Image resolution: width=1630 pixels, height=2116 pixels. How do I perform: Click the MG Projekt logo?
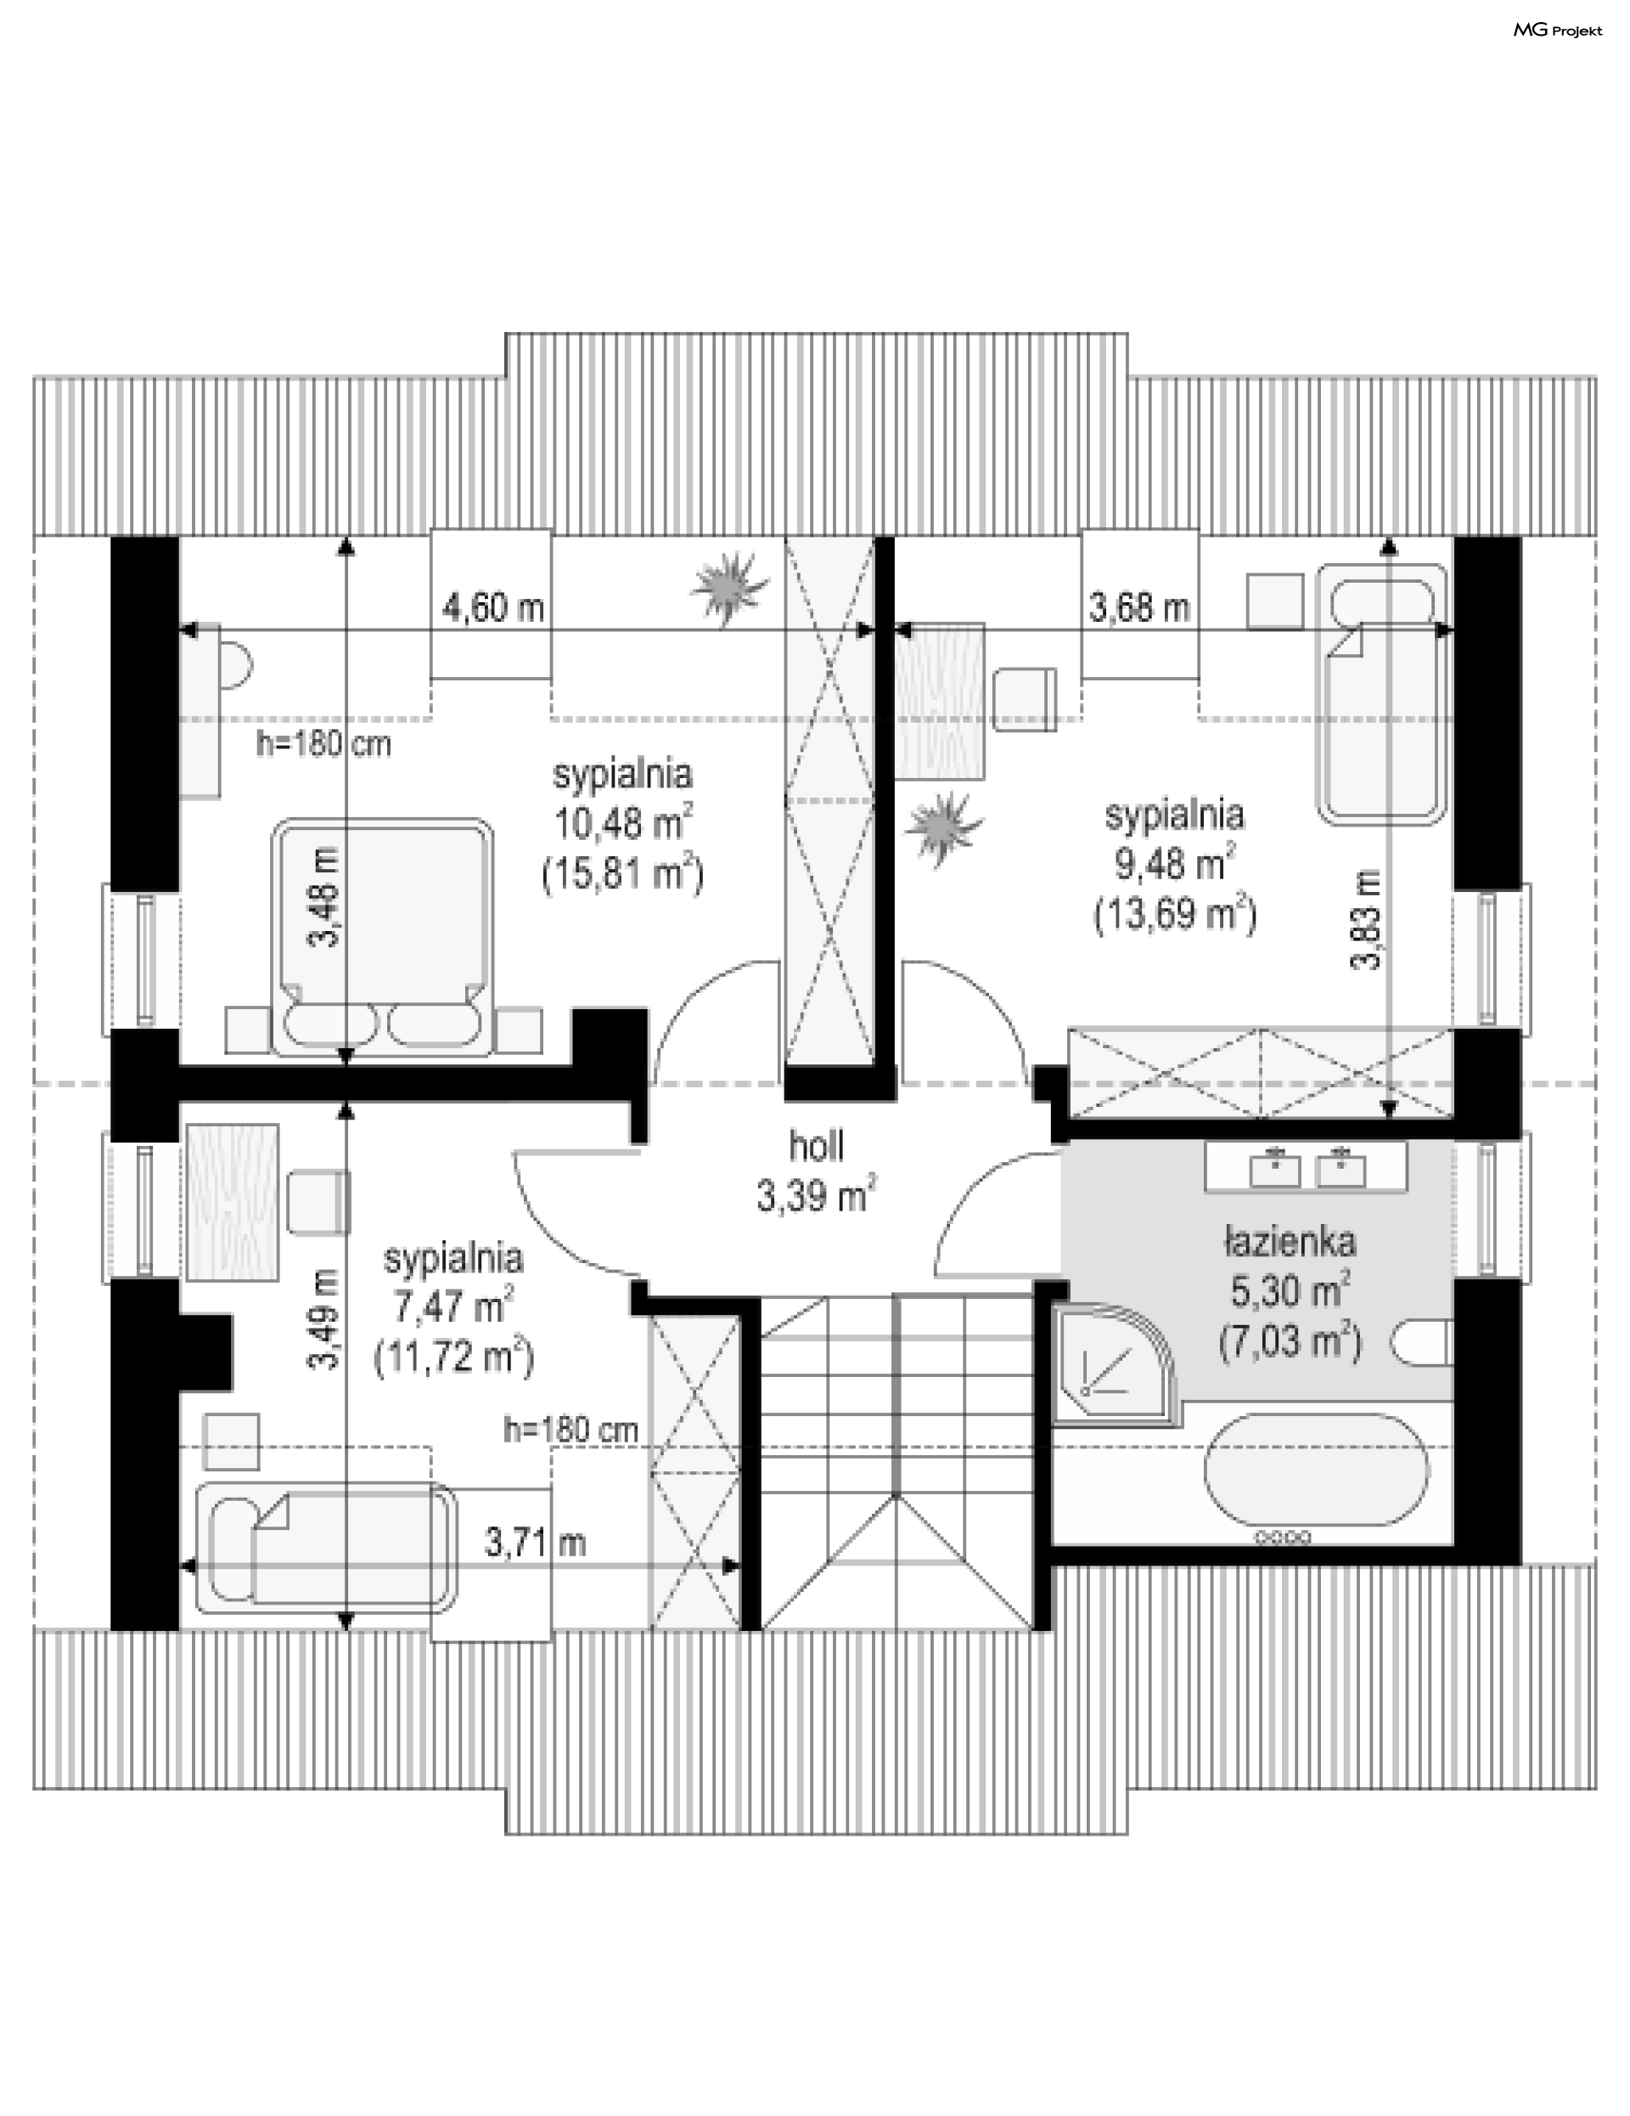(1557, 31)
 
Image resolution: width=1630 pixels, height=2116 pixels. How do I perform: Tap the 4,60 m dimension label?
(493, 608)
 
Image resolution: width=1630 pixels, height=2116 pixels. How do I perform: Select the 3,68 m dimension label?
(1139, 608)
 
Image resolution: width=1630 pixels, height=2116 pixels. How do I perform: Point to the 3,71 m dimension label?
(535, 1543)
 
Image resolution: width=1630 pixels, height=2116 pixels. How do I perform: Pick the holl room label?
(817, 1146)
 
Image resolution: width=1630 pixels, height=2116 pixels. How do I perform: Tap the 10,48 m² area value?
(623, 823)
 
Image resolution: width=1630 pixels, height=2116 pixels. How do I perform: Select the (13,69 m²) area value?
(1175, 914)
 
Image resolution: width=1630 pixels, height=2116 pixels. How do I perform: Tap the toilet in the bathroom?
(1424, 1345)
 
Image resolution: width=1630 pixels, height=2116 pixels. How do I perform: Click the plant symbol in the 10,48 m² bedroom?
(728, 587)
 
